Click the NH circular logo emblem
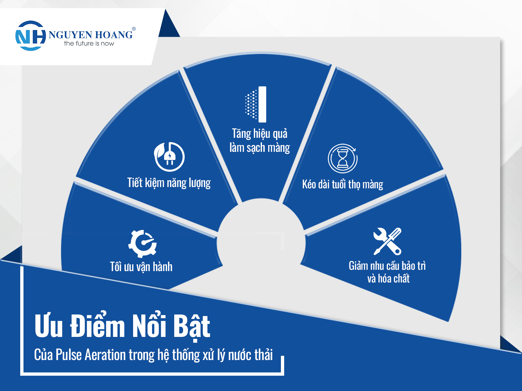tap(30, 36)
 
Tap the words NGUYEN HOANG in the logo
tap(91, 35)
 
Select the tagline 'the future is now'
tap(89, 43)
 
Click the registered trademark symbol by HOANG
tap(134, 29)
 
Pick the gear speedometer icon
tap(143, 244)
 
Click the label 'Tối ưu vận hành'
tap(141, 267)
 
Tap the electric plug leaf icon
tap(169, 157)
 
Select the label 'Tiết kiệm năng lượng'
tap(169, 183)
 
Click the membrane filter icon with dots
tap(256, 104)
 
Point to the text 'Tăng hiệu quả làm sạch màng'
tap(260, 141)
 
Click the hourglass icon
tap(343, 158)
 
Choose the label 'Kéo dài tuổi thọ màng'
tap(343, 184)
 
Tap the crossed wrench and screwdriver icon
tap(387, 241)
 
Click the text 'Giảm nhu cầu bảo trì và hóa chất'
tap(387, 272)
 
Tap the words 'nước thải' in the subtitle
tap(251, 355)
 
